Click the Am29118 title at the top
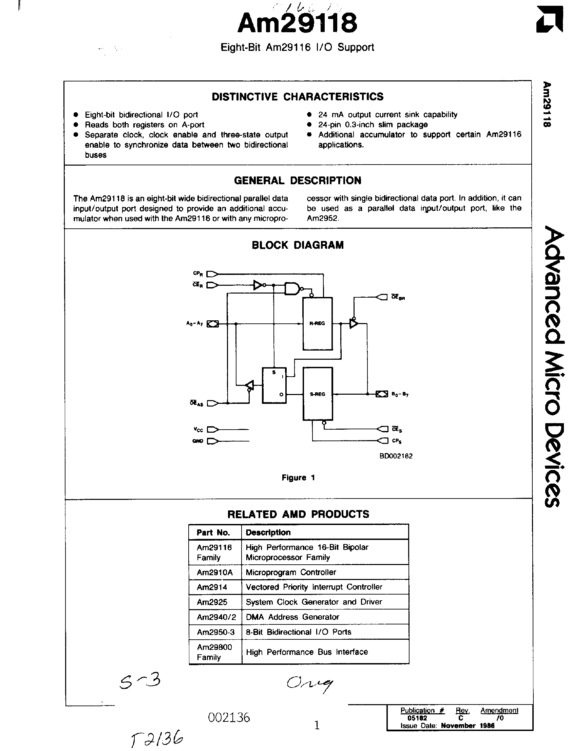point(298,23)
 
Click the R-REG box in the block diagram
point(318,323)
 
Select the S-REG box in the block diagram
point(318,394)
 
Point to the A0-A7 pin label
point(194,323)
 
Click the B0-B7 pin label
point(400,394)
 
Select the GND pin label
point(197,441)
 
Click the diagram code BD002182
point(396,456)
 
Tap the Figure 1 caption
point(298,478)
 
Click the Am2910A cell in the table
point(214,572)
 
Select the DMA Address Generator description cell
point(292,617)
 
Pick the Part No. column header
point(213,532)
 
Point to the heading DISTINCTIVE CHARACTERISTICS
point(298,97)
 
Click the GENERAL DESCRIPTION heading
point(298,181)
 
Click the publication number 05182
point(417,718)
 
